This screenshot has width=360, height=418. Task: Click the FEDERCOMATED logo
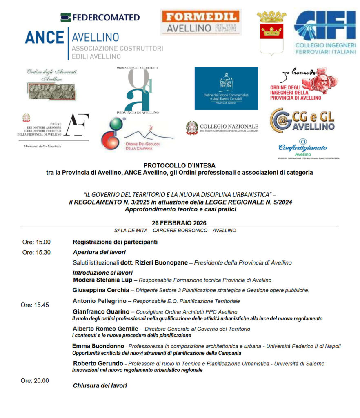(x=100, y=17)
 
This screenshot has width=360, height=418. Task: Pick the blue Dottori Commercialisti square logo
(x=226, y=88)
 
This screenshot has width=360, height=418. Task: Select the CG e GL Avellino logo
(x=302, y=120)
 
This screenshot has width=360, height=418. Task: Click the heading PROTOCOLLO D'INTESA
(x=179, y=165)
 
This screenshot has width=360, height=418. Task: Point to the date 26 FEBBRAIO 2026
(x=179, y=223)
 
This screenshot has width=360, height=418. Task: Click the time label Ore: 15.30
(x=36, y=252)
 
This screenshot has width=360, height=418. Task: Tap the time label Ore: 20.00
(x=35, y=381)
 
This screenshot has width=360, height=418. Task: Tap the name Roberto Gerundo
(x=98, y=363)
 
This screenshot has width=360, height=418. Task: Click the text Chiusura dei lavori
(x=100, y=385)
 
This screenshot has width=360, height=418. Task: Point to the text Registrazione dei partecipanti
(x=115, y=242)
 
